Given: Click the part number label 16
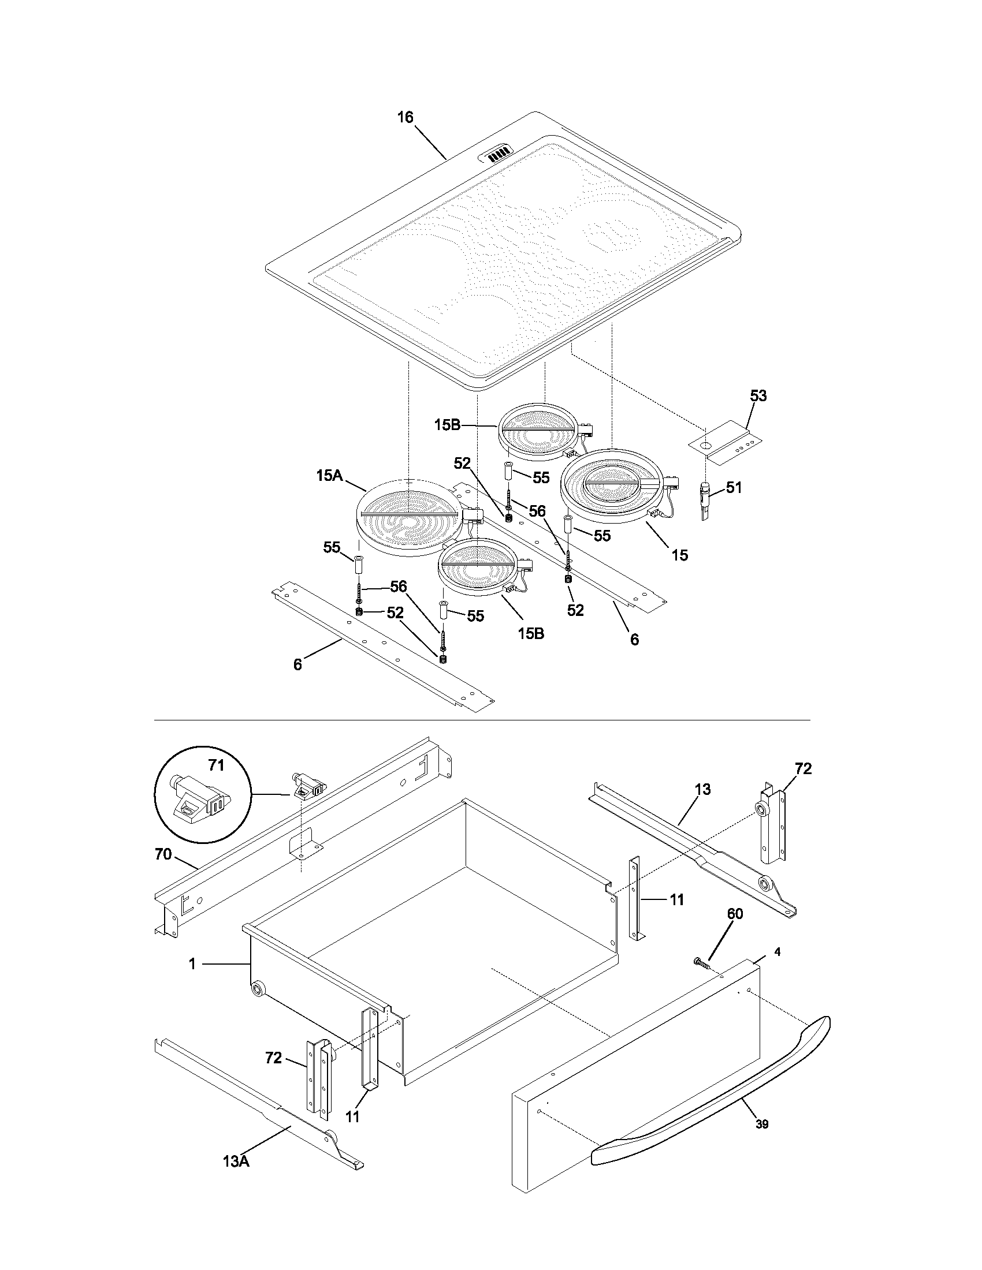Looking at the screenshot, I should pos(405,117).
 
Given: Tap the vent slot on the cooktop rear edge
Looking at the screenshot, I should pos(497,155).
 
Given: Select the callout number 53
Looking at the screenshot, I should pos(758,396).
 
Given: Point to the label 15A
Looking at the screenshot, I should pos(329,476).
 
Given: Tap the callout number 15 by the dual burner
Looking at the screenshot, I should pos(679,555).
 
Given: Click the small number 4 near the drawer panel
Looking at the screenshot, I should pos(778,952).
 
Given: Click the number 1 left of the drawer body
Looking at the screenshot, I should pos(192,964).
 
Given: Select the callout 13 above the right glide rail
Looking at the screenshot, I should pos(702,790).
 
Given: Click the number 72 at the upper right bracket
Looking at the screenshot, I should pos(803,769).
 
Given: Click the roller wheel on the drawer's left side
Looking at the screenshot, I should pos(258,988).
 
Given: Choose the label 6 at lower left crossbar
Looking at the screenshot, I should pos(297,664).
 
